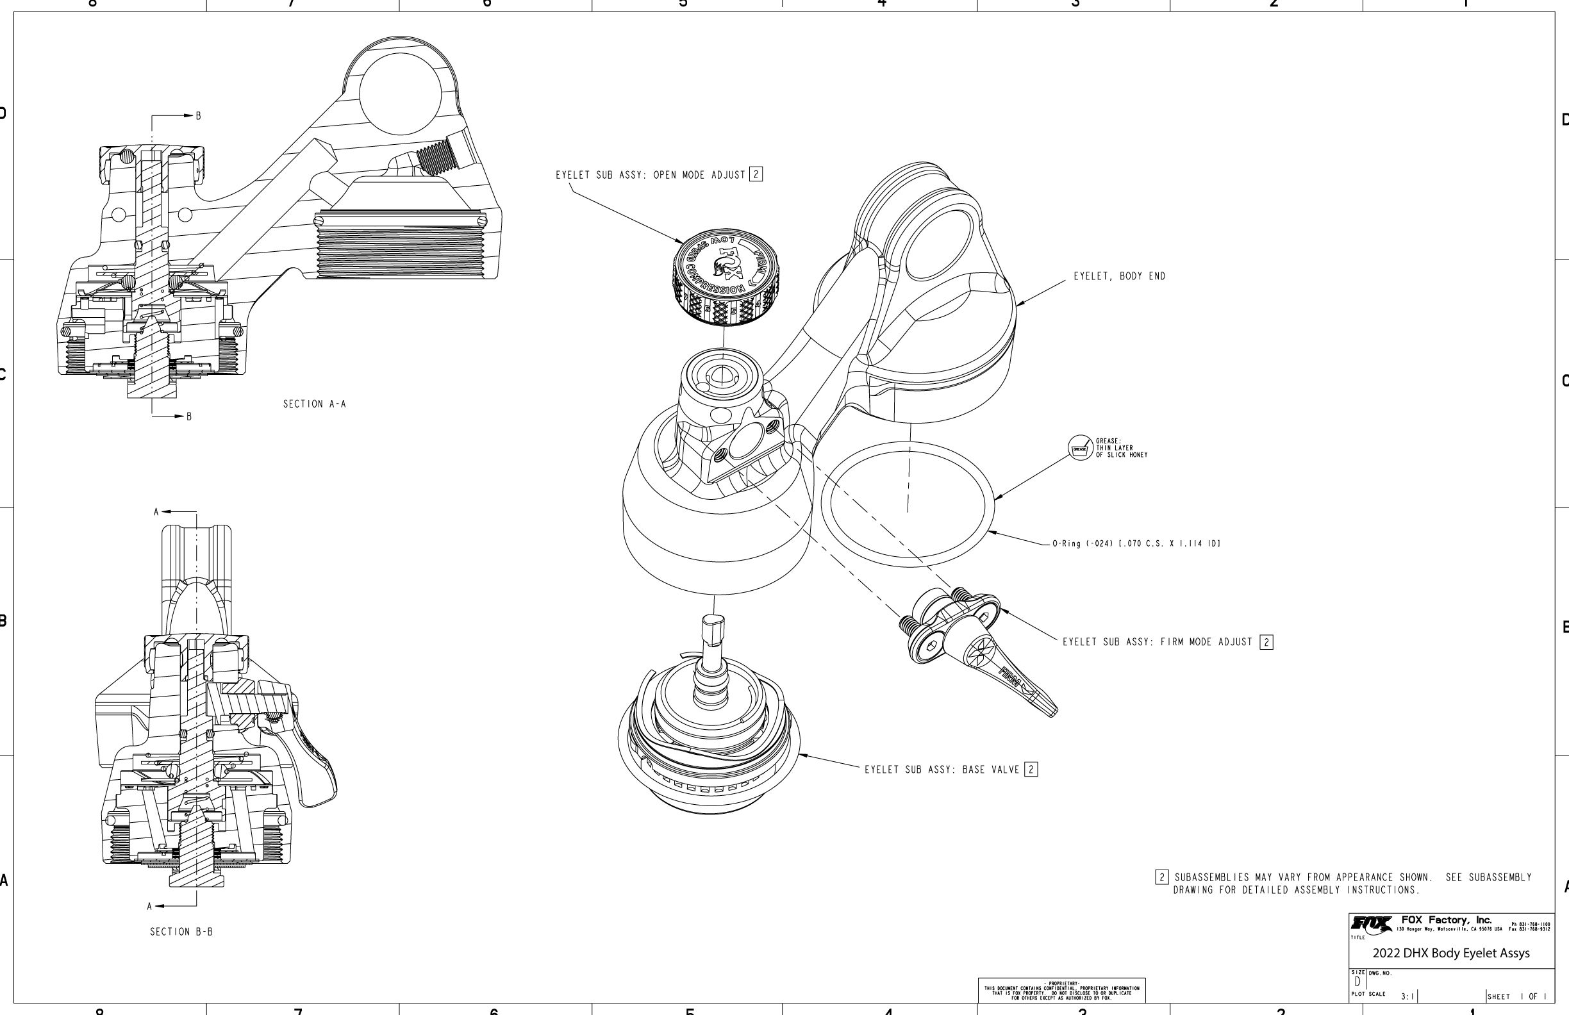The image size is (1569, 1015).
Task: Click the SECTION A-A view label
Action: (315, 404)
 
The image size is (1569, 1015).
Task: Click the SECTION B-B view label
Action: (181, 932)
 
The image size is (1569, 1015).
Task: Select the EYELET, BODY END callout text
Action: (1120, 277)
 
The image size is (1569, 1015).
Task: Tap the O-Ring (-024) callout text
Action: (1136, 544)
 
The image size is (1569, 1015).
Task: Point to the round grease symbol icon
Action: (1080, 448)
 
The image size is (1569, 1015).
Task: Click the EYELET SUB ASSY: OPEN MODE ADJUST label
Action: (650, 176)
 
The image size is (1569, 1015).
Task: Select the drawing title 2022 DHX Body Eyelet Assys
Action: (1451, 953)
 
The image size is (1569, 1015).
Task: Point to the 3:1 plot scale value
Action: (1407, 996)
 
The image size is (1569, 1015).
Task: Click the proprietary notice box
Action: (1061, 991)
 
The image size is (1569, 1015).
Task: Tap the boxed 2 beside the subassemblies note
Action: (1161, 877)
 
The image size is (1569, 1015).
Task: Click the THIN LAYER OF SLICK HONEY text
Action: (1122, 452)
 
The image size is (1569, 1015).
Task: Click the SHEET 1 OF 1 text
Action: (1516, 996)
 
